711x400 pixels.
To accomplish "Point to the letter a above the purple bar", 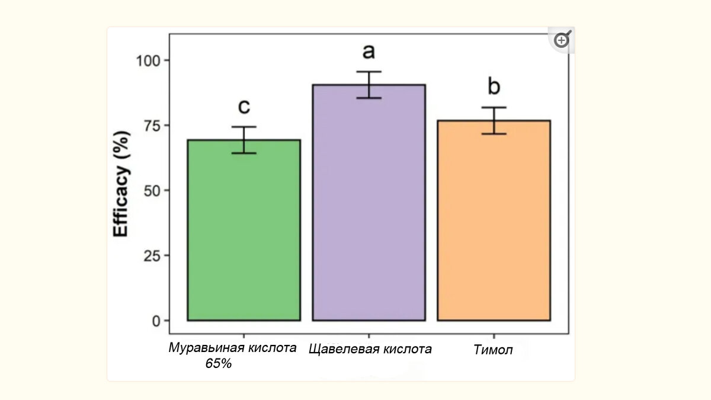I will coord(369,52).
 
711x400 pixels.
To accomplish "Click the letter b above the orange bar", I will coord(494,87).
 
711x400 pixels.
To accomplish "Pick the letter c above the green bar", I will coord(244,107).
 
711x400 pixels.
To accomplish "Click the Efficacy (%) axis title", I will coord(121,190).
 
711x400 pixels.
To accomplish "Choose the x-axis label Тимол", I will coord(493,350).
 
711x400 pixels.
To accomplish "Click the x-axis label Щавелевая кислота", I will coord(370,348).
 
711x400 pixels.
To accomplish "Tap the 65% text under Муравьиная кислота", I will coord(218,363).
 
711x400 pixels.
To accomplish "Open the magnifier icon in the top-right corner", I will coord(561,40).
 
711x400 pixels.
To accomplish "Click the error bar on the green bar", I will coord(244,140).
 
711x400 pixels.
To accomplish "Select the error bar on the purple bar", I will coord(369,85).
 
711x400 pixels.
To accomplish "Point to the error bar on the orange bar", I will coord(494,121).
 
